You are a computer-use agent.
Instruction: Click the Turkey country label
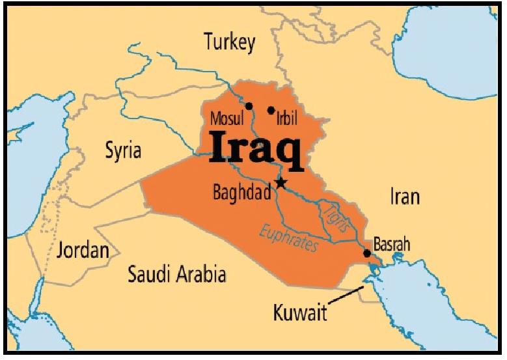(x=230, y=43)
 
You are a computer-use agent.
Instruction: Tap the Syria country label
(x=123, y=150)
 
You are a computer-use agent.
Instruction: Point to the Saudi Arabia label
(x=177, y=273)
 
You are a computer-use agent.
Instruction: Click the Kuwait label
(x=300, y=314)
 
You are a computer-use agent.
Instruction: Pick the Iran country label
(x=404, y=196)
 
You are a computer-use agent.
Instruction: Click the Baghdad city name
(x=241, y=193)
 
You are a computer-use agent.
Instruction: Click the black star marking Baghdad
(x=280, y=182)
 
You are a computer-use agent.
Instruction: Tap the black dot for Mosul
(x=249, y=105)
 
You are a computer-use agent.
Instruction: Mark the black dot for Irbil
(x=271, y=110)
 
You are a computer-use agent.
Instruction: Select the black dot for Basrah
(x=367, y=253)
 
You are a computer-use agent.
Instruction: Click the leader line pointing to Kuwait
(x=345, y=297)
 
